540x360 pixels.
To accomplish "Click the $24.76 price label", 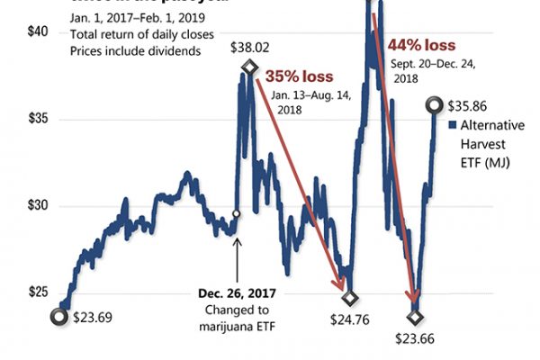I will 350,319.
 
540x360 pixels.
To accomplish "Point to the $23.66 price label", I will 415,338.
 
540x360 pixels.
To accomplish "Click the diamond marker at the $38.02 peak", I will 249,67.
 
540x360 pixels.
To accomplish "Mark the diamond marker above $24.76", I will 350,297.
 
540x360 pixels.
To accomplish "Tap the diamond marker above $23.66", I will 415,317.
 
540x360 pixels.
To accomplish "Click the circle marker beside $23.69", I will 59,316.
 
